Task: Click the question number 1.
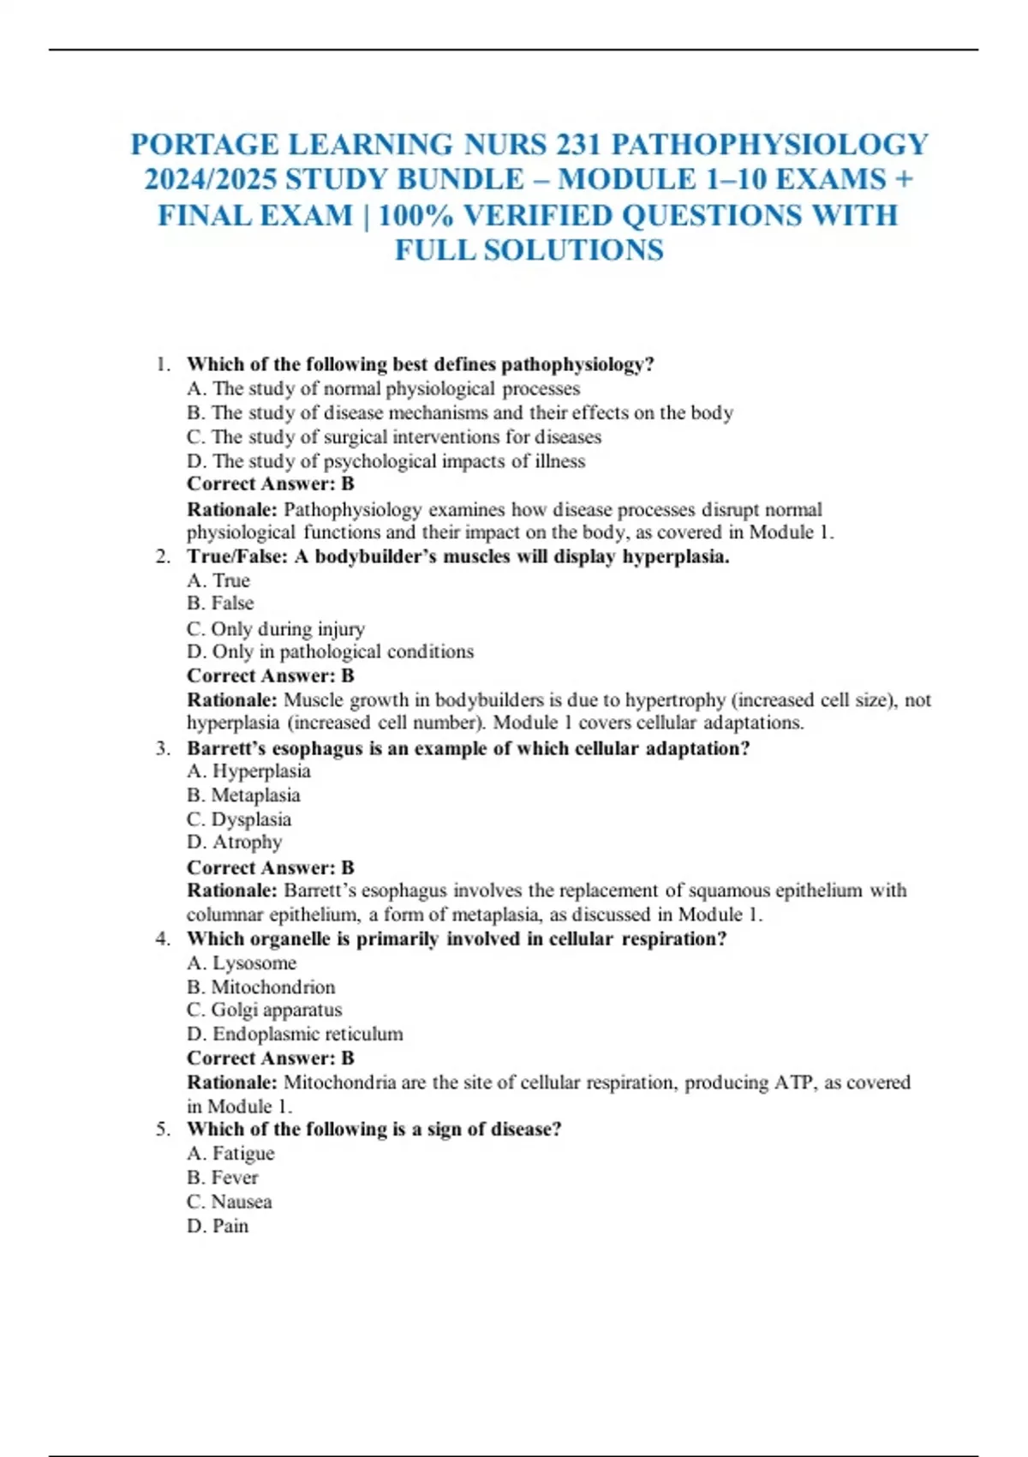[163, 364]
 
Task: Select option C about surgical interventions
[394, 437]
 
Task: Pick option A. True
[218, 581]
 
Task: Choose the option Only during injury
[276, 629]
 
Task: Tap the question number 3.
[163, 748]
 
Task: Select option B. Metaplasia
[243, 795]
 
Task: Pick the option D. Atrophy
[234, 842]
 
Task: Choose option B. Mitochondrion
[261, 987]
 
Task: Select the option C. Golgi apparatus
[264, 1010]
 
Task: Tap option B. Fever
[223, 1178]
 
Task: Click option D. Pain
[218, 1226]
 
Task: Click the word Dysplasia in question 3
[251, 819]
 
